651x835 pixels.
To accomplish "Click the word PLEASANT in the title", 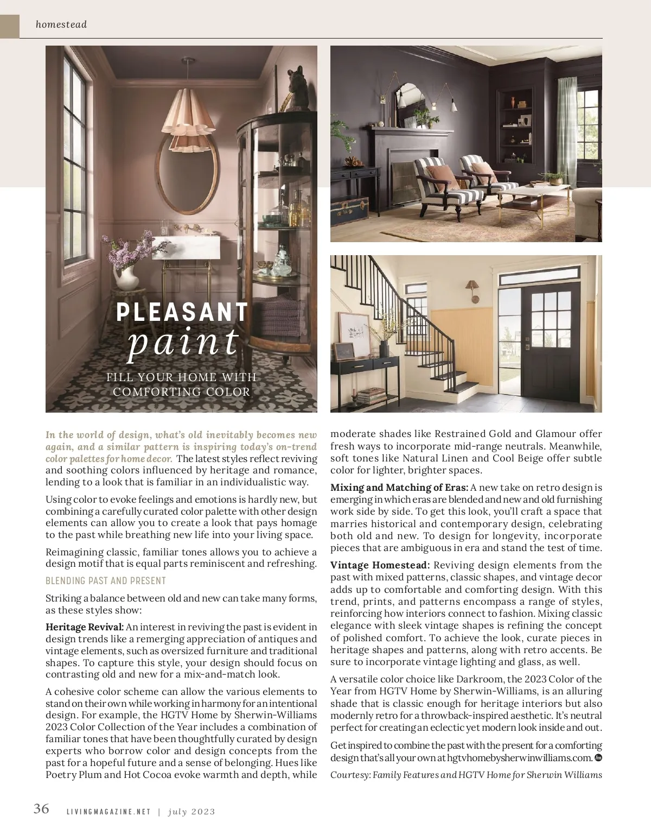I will [182, 312].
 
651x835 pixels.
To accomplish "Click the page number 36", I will [41, 808].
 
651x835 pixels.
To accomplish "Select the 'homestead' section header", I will [61, 24].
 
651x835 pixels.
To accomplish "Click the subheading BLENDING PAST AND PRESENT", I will [106, 581].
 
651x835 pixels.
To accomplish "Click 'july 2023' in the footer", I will [192, 812].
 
